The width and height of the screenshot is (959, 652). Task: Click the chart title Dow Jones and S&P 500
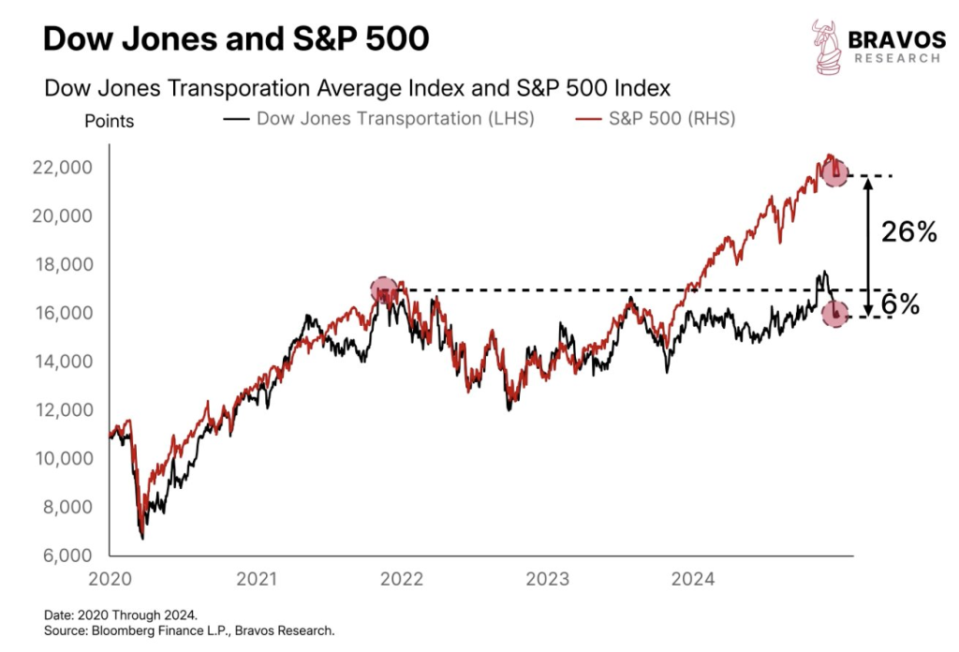[x=236, y=38]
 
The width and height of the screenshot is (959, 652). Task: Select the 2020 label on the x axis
[x=110, y=579]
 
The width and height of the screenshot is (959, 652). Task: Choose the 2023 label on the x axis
[x=547, y=579]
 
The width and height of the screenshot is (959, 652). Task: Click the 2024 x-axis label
[x=693, y=579]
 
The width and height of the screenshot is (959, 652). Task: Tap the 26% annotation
[x=909, y=233]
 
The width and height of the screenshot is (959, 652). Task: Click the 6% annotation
[x=900, y=304]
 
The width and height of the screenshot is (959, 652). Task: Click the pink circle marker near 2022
[x=384, y=291]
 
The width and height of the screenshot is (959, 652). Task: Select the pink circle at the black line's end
[x=835, y=315]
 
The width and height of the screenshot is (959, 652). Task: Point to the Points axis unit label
[x=109, y=122]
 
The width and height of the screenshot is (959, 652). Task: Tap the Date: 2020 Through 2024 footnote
[x=121, y=615]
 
